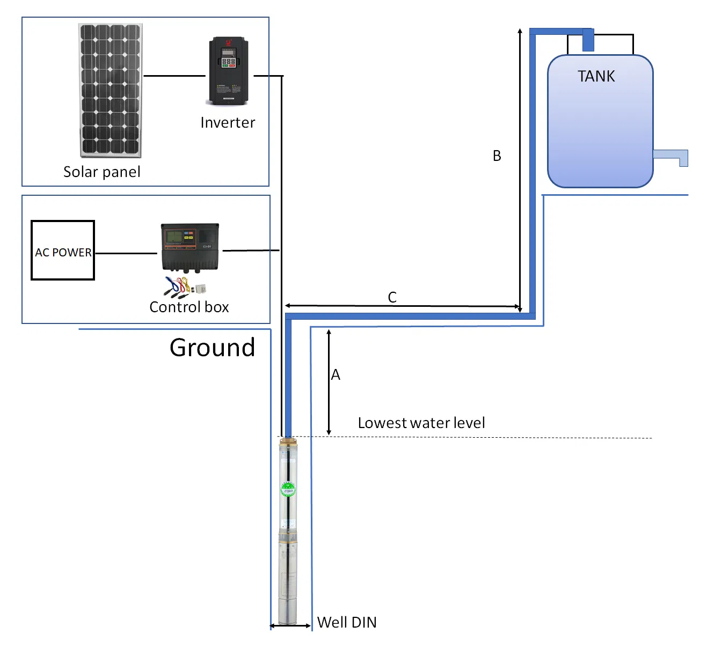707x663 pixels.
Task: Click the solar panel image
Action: (x=110, y=90)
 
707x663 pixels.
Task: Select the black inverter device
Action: (x=228, y=71)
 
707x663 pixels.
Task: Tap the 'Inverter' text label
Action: (x=228, y=123)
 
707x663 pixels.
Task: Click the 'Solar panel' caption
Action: (x=101, y=172)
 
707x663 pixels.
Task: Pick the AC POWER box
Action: (x=63, y=251)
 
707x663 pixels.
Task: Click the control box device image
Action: (x=190, y=247)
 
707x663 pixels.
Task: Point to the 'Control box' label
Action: (x=189, y=307)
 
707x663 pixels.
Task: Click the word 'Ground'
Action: (x=212, y=348)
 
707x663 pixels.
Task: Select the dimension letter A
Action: (x=336, y=374)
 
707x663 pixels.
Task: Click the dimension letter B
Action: (x=497, y=156)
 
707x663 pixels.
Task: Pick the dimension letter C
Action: (x=392, y=297)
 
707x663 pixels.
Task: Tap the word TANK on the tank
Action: (x=596, y=77)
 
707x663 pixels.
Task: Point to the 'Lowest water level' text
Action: (x=421, y=423)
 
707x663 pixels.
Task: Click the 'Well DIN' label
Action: (x=347, y=622)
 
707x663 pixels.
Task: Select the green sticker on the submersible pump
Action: (x=288, y=489)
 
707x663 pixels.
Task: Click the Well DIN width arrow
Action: (x=290, y=625)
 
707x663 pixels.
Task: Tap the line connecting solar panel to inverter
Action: (x=174, y=76)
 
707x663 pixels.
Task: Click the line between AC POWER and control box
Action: (x=126, y=253)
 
